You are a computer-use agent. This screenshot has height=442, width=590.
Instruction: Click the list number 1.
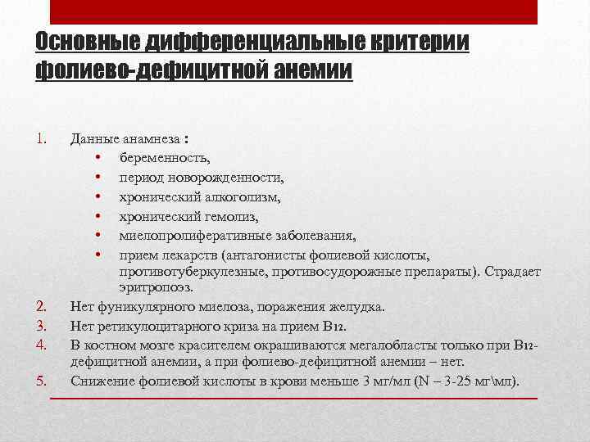click(x=44, y=137)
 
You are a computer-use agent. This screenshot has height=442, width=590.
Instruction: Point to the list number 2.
click(x=44, y=307)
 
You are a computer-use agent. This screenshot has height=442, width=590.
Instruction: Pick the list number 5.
click(x=44, y=381)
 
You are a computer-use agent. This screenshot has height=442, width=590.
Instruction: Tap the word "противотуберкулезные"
click(x=187, y=271)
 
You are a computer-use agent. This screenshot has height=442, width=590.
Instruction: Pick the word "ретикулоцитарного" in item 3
click(x=154, y=325)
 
